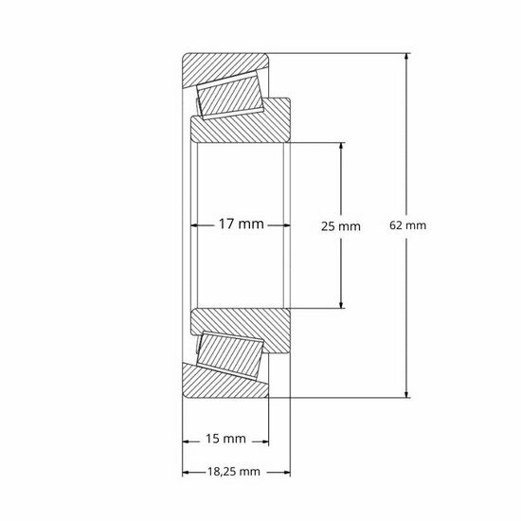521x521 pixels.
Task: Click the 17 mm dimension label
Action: pos(241,225)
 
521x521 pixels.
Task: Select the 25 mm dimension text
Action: pos(342,226)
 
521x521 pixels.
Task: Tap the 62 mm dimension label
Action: pos(408,226)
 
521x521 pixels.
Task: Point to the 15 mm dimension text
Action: pos(225,439)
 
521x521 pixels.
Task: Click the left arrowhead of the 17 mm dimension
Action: pos(196,225)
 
